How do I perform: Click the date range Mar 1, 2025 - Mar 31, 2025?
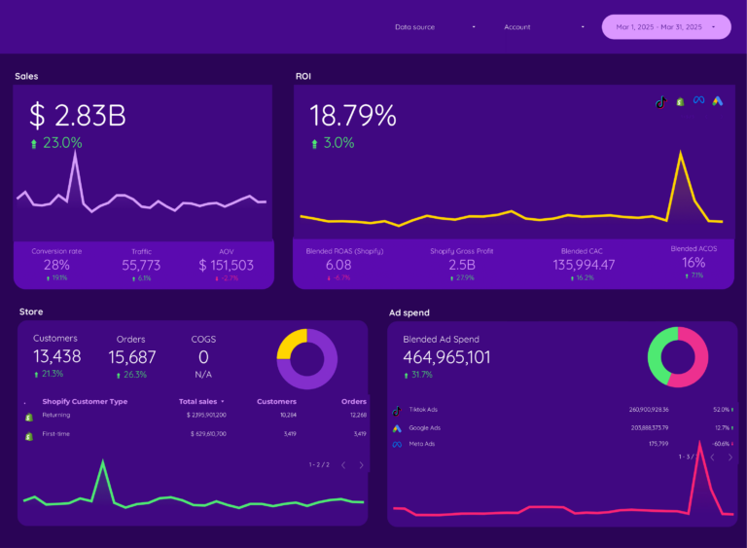click(x=666, y=27)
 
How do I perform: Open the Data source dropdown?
click(x=435, y=27)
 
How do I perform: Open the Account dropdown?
click(x=544, y=27)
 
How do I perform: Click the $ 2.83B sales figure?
click(x=78, y=116)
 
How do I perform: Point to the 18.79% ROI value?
click(x=353, y=116)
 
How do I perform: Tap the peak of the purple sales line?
click(x=76, y=152)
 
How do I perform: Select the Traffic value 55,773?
click(x=141, y=265)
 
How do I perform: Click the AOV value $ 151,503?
click(x=226, y=265)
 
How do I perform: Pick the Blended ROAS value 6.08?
click(x=338, y=265)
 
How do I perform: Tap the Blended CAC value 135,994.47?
click(x=584, y=265)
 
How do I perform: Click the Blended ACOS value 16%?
click(x=694, y=263)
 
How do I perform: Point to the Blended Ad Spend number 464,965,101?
click(x=446, y=357)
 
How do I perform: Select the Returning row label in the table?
click(x=56, y=415)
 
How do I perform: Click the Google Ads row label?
click(x=424, y=427)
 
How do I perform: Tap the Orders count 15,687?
click(x=131, y=357)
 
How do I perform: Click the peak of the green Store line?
click(x=102, y=462)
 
